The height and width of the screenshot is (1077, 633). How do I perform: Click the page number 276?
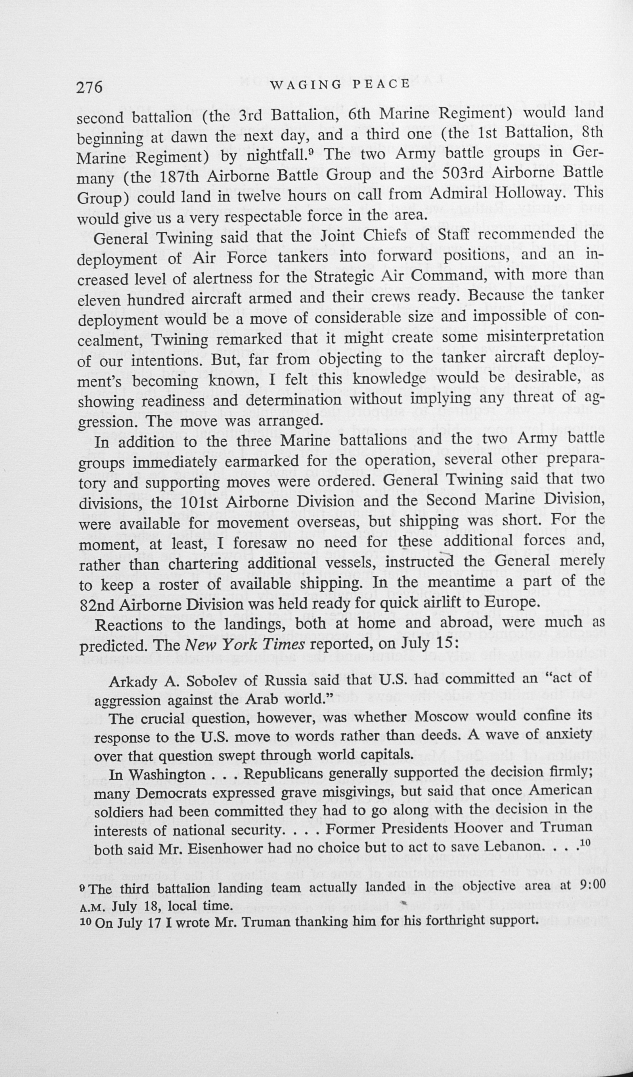point(90,87)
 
